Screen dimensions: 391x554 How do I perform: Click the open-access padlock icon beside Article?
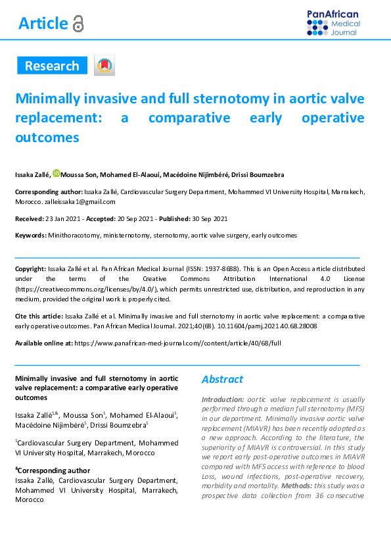[78, 24]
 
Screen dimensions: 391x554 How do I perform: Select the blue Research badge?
[52, 66]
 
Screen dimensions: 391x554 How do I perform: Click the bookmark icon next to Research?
[104, 65]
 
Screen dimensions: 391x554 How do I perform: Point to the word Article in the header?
[43, 24]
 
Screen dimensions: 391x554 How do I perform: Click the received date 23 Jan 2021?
[60, 218]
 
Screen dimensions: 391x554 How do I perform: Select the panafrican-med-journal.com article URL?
[177, 343]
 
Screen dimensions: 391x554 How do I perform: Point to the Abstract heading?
[222, 380]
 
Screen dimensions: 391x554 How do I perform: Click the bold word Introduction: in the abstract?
[222, 399]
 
